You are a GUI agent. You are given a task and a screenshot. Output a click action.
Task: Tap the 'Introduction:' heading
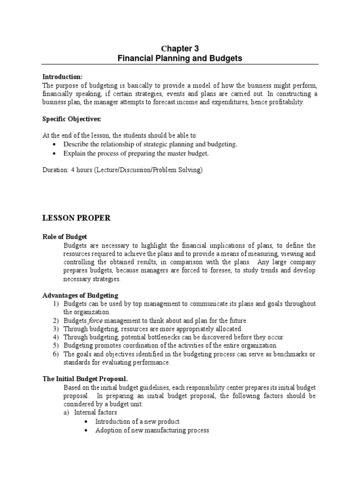point(62,77)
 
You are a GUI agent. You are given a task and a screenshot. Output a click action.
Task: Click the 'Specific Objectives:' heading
point(72,119)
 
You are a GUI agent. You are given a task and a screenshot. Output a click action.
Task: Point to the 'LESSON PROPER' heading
point(75,218)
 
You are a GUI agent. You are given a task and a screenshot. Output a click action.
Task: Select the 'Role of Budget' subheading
point(65,237)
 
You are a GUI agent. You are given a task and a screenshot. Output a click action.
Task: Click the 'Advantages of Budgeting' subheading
point(80,295)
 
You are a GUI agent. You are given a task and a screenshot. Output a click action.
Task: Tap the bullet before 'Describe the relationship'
point(55,144)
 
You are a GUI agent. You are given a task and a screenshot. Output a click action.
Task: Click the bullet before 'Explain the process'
point(55,153)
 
